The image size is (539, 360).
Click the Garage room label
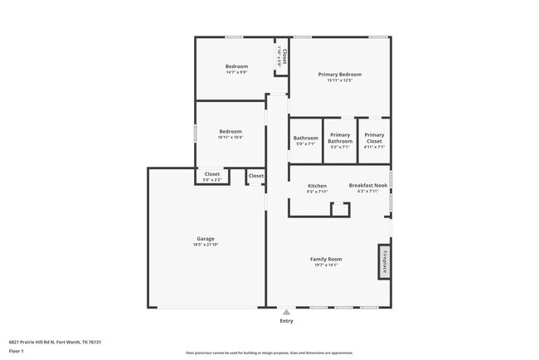point(205,238)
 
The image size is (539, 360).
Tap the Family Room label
point(326,259)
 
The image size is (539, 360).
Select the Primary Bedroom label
point(340,74)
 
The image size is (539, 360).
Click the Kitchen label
point(317,186)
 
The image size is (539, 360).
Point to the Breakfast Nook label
point(367,186)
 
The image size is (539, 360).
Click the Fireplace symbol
point(384,259)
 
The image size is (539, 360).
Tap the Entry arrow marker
point(286,312)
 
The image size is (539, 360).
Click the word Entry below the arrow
point(286,320)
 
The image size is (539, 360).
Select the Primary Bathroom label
point(340,138)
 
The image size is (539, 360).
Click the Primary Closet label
point(374,138)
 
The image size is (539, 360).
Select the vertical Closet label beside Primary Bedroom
point(284,57)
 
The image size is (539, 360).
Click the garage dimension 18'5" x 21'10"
point(205,245)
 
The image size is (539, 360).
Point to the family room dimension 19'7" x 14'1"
point(326,265)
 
